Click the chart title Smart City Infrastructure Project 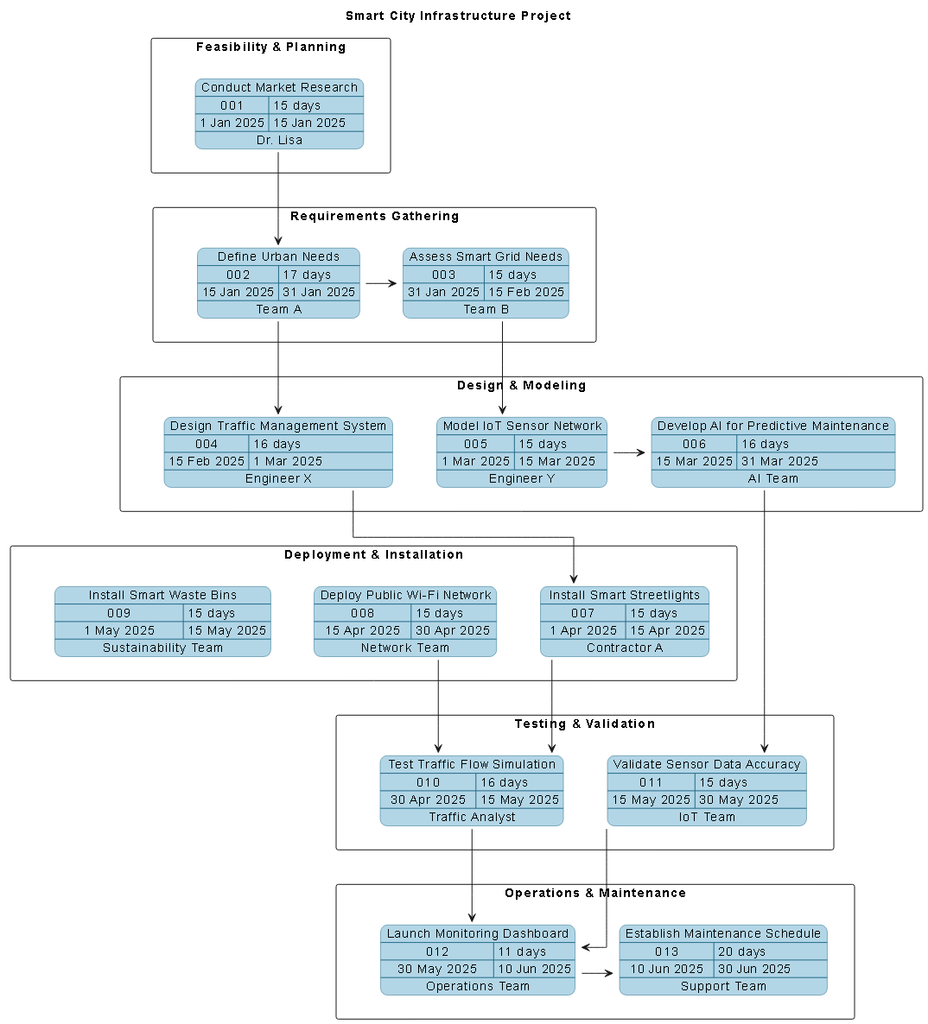click(x=458, y=16)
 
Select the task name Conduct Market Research click(x=279, y=87)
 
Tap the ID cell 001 click(x=232, y=105)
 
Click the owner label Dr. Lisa click(x=279, y=140)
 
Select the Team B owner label click(x=486, y=309)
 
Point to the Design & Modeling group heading click(x=521, y=385)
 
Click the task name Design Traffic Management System click(x=278, y=426)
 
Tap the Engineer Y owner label click(x=522, y=478)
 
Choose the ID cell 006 click(x=694, y=444)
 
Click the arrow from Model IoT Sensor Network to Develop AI click(x=628, y=452)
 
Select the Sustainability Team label click(x=162, y=648)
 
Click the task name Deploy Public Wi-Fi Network click(x=405, y=595)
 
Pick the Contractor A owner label click(x=625, y=648)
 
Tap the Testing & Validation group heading click(x=584, y=724)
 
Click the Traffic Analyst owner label click(x=472, y=817)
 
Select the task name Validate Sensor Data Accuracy click(x=707, y=764)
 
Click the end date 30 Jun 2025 click(x=753, y=969)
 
